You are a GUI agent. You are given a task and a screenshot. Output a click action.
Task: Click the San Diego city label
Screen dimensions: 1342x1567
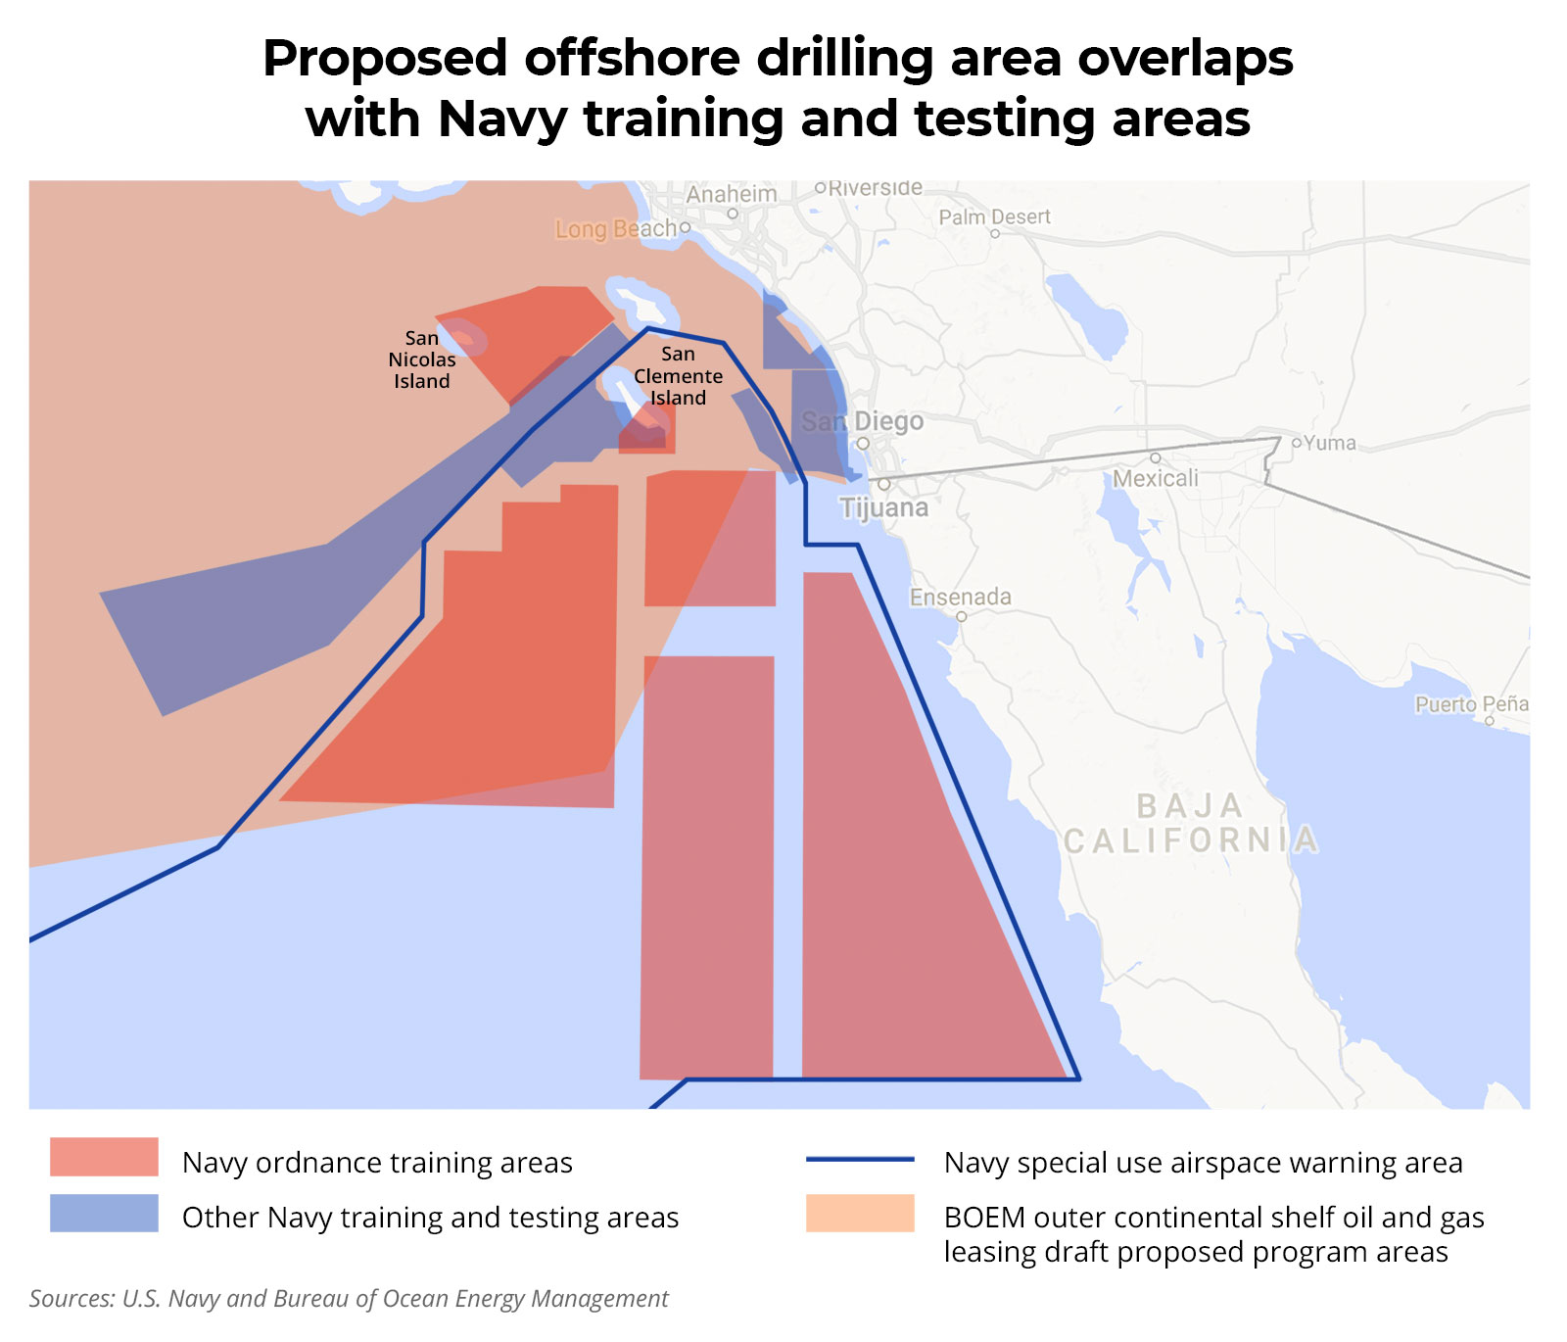862,422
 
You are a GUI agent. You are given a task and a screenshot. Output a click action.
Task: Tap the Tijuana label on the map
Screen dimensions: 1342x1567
883,507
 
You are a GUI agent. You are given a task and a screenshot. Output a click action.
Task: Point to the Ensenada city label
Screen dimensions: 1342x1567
960,597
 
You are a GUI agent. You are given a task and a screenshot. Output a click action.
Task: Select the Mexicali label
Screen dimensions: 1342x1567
1156,478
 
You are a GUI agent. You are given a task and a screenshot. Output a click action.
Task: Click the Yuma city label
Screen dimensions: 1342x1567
1329,443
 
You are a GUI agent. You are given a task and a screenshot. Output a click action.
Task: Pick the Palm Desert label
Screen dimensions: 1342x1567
994,216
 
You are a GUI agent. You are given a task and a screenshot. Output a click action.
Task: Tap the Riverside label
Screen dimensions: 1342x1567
875,187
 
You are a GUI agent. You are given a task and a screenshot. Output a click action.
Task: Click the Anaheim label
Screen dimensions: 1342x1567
731,194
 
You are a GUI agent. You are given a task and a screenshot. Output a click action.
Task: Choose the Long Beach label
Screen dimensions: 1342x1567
616,229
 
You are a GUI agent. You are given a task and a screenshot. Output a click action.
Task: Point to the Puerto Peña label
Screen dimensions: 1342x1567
1471,704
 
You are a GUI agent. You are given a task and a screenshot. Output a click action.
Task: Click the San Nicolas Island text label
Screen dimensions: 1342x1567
422,359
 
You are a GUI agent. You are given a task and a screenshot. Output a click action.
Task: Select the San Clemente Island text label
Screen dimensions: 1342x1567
678,376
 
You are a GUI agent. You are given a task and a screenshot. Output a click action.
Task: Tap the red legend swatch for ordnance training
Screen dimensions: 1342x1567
104,1157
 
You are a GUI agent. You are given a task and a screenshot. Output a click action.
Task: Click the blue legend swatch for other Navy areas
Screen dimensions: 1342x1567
104,1213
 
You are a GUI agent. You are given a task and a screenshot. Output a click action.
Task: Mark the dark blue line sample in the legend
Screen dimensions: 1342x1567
860,1160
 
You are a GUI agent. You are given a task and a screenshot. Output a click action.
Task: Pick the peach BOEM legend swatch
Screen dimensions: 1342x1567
860,1213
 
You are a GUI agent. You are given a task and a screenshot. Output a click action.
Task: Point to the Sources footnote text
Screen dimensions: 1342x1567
349,1299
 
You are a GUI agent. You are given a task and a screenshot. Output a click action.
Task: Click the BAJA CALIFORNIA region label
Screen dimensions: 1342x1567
1190,823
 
